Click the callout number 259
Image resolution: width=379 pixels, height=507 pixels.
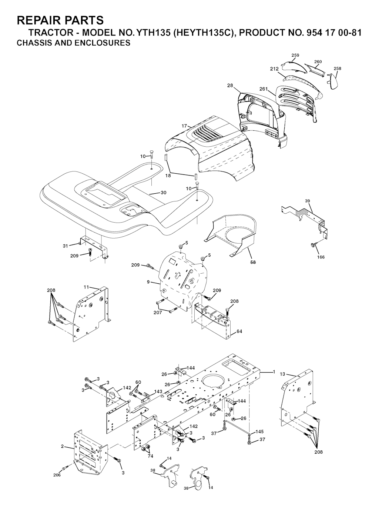[x=295, y=55]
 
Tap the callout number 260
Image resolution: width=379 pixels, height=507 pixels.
[x=318, y=62]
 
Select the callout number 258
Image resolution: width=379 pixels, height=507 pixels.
[x=337, y=69]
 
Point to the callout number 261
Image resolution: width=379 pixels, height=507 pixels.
[x=264, y=89]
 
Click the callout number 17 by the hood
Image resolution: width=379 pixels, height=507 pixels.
[x=184, y=126]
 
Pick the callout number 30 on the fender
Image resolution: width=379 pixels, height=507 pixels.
[x=164, y=193]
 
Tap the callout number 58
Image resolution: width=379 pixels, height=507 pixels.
[x=253, y=263]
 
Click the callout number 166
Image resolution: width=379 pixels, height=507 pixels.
[x=321, y=257]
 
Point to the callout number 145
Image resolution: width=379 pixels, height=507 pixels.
[x=259, y=431]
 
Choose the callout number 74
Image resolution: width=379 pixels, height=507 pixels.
[x=150, y=456]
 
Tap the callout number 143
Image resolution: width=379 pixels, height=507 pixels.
[x=158, y=391]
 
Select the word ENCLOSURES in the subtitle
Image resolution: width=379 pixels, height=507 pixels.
[x=102, y=43]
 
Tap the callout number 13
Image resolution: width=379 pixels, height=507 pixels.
[x=282, y=374]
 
